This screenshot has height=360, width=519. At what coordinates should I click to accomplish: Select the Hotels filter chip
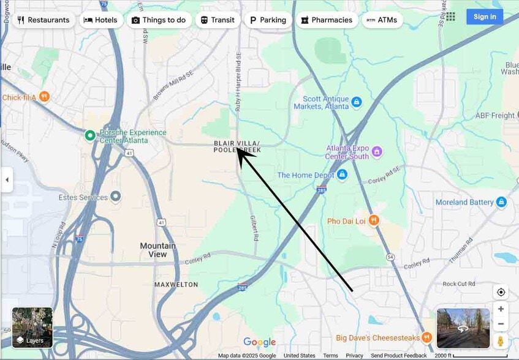pyautogui.click(x=100, y=20)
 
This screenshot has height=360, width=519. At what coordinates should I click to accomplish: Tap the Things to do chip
pyautogui.click(x=159, y=20)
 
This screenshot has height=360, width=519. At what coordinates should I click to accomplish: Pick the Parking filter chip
pyautogui.click(x=268, y=20)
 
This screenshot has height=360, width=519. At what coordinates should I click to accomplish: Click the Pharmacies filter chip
pyautogui.click(x=327, y=20)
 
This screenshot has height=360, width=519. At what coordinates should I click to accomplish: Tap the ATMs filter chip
pyautogui.click(x=382, y=20)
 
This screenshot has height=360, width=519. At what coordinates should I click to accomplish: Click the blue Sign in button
pyautogui.click(x=484, y=17)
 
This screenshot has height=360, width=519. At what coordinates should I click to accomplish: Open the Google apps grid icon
pyautogui.click(x=450, y=17)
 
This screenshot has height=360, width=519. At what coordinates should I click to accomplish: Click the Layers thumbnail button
pyautogui.click(x=32, y=328)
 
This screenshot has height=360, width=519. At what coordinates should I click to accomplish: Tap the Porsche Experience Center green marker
pyautogui.click(x=90, y=135)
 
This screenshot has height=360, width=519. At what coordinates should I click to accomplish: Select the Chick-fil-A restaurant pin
pyautogui.click(x=44, y=97)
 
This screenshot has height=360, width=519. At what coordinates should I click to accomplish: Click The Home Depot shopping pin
pyautogui.click(x=343, y=175)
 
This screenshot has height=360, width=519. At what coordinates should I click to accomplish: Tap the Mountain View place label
pyautogui.click(x=157, y=250)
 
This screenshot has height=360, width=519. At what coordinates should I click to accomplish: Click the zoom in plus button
pyautogui.click(x=501, y=309)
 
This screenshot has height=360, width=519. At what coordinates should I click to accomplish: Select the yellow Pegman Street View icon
pyautogui.click(x=501, y=340)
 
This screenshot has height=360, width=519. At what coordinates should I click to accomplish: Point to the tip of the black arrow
pyautogui.click(x=238, y=148)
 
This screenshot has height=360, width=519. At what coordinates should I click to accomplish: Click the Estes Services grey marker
pyautogui.click(x=116, y=197)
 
